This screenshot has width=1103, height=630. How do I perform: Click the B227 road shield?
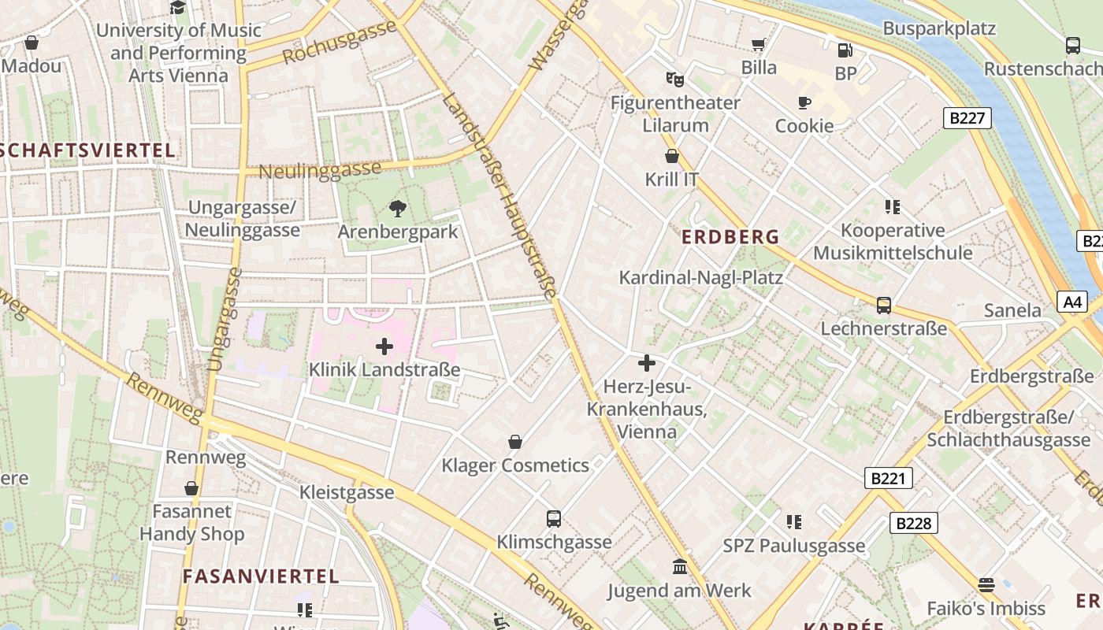pyautogui.click(x=967, y=118)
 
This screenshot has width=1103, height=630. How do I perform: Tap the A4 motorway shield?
pyautogui.click(x=1072, y=302)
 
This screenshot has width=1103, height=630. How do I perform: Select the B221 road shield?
pyautogui.click(x=888, y=478)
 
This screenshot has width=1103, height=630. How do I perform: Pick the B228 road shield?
pyautogui.click(x=914, y=523)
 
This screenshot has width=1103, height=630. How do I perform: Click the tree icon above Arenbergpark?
pyautogui.click(x=398, y=209)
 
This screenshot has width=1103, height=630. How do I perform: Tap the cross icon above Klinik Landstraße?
pyautogui.click(x=384, y=346)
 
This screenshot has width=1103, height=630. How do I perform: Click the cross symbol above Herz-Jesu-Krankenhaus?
pyautogui.click(x=646, y=363)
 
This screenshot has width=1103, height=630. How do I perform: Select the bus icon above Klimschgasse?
pyautogui.click(x=554, y=519)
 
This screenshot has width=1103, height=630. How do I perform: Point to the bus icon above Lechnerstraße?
pyautogui.click(x=884, y=306)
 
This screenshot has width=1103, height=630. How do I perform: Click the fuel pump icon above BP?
pyautogui.click(x=845, y=50)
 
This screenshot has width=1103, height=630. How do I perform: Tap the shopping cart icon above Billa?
pyautogui.click(x=759, y=45)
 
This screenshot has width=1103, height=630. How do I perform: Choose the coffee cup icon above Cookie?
pyautogui.click(x=804, y=103)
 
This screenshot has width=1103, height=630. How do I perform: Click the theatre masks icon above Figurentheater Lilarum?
pyautogui.click(x=674, y=79)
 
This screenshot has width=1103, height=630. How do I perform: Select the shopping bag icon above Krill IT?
pyautogui.click(x=672, y=156)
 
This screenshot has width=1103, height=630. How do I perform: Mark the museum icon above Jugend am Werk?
pyautogui.click(x=679, y=567)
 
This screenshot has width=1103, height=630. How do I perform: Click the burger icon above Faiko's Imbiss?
pyautogui.click(x=986, y=585)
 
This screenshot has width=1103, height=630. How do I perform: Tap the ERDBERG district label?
pyautogui.click(x=730, y=236)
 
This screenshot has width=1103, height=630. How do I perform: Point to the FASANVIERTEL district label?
pyautogui.click(x=261, y=576)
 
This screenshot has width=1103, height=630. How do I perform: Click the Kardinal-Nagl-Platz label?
pyautogui.click(x=700, y=277)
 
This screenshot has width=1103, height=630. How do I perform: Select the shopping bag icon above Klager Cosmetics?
pyautogui.click(x=515, y=442)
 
